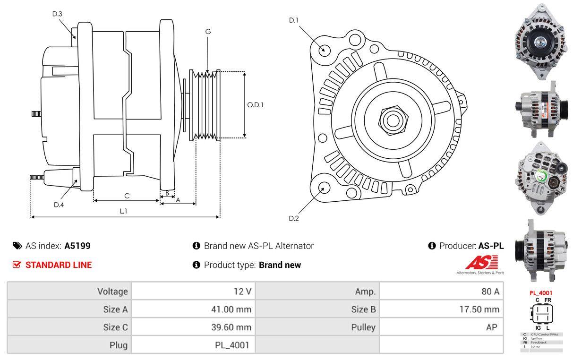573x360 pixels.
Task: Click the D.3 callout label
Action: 57,14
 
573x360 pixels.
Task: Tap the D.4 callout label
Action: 59,205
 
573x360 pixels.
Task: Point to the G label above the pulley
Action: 208,32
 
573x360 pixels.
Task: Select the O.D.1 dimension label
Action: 255,105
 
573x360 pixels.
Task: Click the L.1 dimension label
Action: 123,211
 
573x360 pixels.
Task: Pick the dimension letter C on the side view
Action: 127,196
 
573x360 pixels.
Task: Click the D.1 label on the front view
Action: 294,20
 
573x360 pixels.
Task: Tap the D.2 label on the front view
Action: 294,218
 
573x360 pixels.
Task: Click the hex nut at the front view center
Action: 391,120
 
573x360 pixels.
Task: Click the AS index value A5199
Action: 77,246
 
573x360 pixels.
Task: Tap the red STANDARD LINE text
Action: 59,265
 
